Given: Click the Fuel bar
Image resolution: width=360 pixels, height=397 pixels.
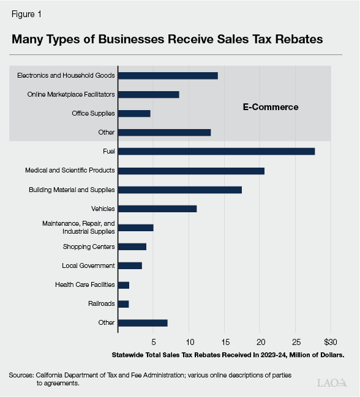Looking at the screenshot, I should [216, 151].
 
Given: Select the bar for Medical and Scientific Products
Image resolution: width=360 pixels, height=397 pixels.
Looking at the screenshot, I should [191, 171].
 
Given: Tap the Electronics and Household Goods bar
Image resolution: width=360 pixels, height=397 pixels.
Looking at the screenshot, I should [168, 75].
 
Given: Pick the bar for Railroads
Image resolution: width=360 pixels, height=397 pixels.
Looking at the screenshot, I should [123, 304].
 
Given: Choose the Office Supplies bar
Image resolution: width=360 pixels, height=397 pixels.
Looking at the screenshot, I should [134, 113].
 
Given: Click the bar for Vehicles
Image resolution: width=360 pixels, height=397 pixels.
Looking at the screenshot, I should [157, 209].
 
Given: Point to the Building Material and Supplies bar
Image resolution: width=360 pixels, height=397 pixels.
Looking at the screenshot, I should [180, 190].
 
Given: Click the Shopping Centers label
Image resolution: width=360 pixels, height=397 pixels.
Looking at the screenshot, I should [89, 247].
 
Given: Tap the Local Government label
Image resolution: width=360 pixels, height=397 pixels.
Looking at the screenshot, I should [88, 265].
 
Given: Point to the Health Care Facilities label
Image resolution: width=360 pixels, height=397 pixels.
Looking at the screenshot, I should [84, 284].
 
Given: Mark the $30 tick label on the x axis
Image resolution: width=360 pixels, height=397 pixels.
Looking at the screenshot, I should [331, 341].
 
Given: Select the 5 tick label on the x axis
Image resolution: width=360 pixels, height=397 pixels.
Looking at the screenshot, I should [154, 341].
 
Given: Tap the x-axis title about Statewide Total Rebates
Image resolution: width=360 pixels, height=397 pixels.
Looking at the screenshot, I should [228, 354].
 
